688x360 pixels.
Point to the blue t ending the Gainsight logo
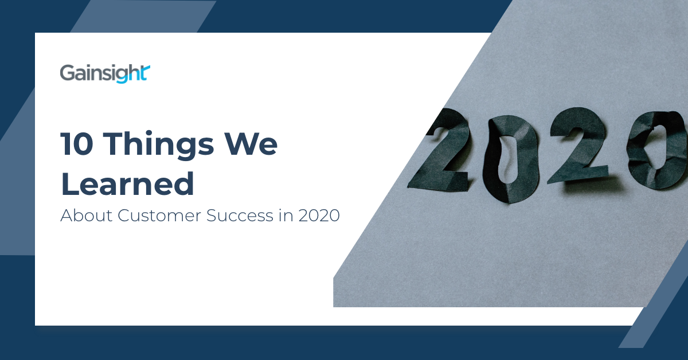(x=146, y=72)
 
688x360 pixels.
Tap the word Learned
(x=127, y=185)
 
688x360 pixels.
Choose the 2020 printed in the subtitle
(x=319, y=216)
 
